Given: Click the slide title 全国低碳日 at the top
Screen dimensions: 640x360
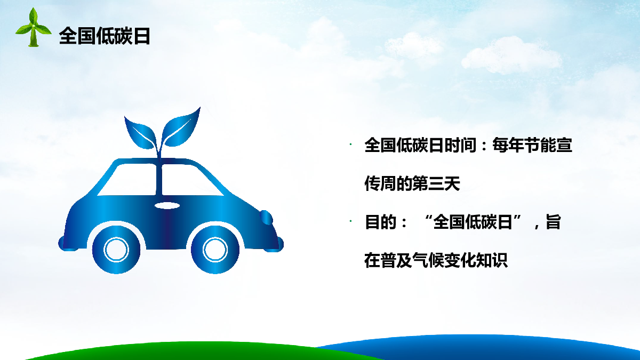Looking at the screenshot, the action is click(x=105, y=36).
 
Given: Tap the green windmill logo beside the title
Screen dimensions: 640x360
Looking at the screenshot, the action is click(x=33, y=27).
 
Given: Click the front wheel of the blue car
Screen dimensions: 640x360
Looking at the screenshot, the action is click(x=215, y=250).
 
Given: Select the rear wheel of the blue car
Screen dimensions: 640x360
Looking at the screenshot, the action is click(x=116, y=250).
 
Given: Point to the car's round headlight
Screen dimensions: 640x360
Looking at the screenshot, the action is click(x=266, y=218).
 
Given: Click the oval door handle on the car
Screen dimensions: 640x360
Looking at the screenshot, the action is click(x=167, y=205).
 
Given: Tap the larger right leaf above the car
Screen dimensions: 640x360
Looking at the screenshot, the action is click(x=181, y=127).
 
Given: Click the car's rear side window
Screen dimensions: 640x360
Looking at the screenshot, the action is click(x=127, y=180).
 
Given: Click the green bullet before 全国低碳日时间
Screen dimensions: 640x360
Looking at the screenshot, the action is click(x=350, y=145).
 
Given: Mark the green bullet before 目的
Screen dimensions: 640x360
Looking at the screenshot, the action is click(x=350, y=221).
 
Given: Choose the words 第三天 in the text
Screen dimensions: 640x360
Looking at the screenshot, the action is click(x=436, y=183).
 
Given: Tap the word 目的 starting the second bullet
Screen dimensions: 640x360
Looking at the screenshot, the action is click(x=381, y=222).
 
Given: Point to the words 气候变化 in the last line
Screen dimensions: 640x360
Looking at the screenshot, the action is click(x=444, y=260).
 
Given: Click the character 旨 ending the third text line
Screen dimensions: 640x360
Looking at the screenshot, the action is click(x=554, y=222).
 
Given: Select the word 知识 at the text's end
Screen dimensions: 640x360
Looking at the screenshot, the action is click(x=491, y=260).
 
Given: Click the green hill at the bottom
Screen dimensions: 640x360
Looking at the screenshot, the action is click(x=200, y=351).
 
